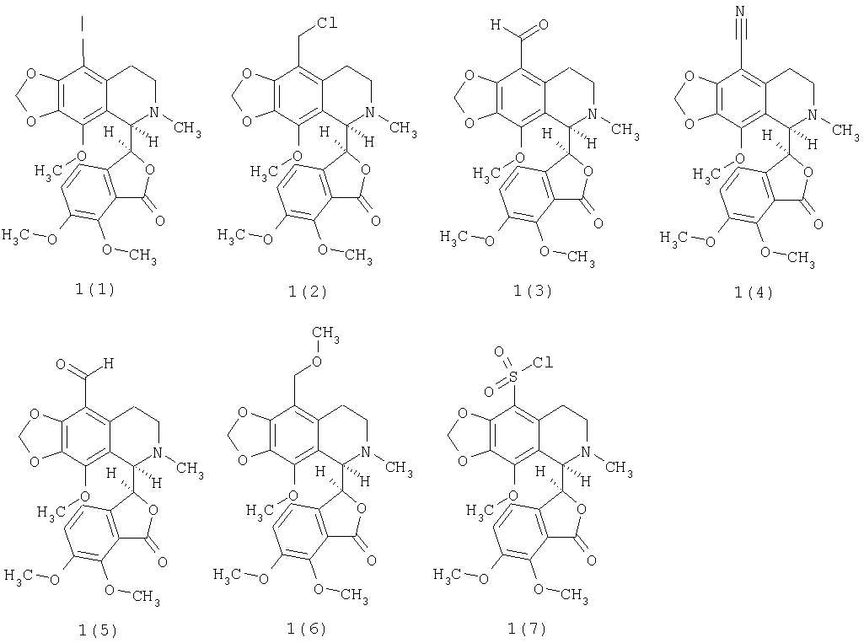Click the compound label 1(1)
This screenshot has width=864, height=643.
(95, 289)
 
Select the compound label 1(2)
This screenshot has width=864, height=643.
(308, 291)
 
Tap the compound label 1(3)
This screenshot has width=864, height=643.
(532, 291)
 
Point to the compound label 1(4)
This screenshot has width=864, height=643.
(754, 292)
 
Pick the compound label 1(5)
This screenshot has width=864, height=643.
(98, 630)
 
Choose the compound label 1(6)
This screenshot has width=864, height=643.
(307, 628)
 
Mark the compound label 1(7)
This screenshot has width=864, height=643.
(528, 628)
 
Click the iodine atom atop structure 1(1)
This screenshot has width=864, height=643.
(83, 23)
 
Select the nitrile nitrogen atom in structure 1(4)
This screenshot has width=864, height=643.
(740, 11)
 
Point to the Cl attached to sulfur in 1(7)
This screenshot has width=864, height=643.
(543, 362)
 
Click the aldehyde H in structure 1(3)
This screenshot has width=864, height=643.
(496, 24)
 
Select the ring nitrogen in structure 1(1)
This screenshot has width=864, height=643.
(154, 112)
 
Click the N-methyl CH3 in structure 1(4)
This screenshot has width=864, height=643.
(845, 131)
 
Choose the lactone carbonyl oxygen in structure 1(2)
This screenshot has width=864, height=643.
(376, 221)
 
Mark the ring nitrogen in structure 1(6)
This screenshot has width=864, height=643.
(366, 452)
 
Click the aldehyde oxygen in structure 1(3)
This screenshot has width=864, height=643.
(544, 24)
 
